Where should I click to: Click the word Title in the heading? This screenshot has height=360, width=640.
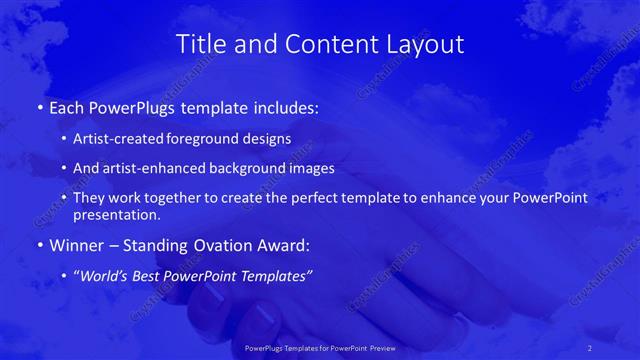[x=200, y=45]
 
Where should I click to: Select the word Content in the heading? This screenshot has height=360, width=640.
[x=328, y=45]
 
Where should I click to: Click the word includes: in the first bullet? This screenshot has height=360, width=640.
[x=281, y=107]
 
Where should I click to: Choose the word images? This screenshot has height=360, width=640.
[x=314, y=169]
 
